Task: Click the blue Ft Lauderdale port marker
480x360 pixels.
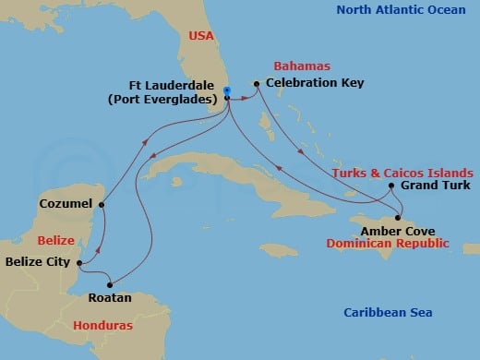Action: tap(227, 90)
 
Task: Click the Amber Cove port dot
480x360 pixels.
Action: tap(386, 218)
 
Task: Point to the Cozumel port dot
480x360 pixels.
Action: tap(102, 204)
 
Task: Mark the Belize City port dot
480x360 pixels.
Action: tap(80, 264)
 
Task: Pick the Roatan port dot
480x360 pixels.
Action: tap(113, 283)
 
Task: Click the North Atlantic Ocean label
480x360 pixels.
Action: tap(401, 10)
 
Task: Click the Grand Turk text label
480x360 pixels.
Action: tap(431, 186)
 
